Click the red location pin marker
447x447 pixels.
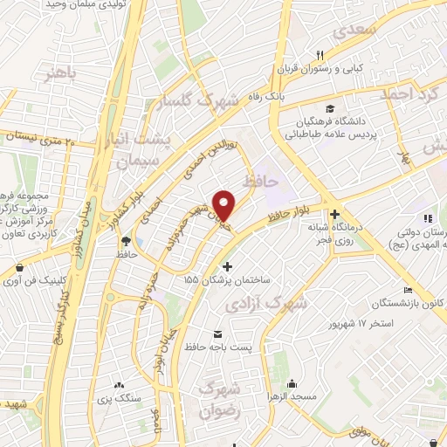pos(224,204)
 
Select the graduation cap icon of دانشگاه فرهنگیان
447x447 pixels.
pos(330,108)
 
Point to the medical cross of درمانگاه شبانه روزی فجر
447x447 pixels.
pos(334,214)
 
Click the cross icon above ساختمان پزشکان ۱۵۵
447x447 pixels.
pos(228,266)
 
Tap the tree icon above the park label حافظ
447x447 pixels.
pos(127,241)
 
